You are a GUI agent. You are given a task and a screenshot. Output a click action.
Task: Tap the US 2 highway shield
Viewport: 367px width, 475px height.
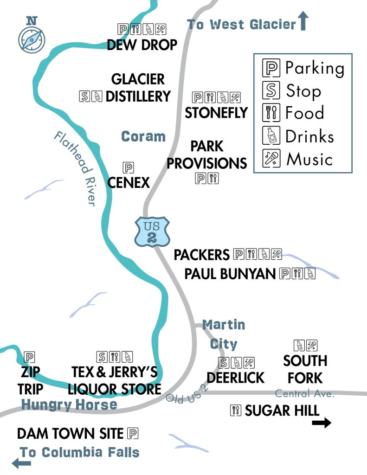[x=151, y=231]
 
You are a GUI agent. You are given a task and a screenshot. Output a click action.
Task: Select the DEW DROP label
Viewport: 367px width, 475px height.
[x=142, y=45]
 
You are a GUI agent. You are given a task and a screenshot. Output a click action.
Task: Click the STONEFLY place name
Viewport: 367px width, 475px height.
[x=216, y=113]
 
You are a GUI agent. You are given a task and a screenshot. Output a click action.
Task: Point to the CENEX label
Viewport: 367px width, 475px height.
[x=129, y=182]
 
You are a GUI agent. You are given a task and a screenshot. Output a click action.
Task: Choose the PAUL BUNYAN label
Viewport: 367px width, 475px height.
[x=230, y=274]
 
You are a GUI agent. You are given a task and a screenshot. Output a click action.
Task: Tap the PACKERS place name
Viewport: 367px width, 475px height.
[x=201, y=255]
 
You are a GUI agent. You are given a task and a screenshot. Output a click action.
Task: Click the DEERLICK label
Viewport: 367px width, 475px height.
[x=236, y=378]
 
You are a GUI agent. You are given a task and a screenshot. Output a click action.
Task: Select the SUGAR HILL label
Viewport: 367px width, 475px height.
[x=282, y=411]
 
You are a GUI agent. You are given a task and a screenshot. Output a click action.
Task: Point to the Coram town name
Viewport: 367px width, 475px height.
[x=143, y=136]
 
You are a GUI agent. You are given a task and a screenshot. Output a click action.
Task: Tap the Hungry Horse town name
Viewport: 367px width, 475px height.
[x=69, y=405]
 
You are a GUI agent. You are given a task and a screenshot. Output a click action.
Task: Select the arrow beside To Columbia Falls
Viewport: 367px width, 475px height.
[x=18, y=462]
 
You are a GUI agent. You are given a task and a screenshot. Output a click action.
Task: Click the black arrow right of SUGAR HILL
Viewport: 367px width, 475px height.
[x=322, y=423]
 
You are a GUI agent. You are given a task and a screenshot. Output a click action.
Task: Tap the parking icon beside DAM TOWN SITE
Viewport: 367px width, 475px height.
[x=133, y=434]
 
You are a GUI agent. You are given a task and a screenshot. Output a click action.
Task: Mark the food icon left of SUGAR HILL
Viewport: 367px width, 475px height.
[x=236, y=410]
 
